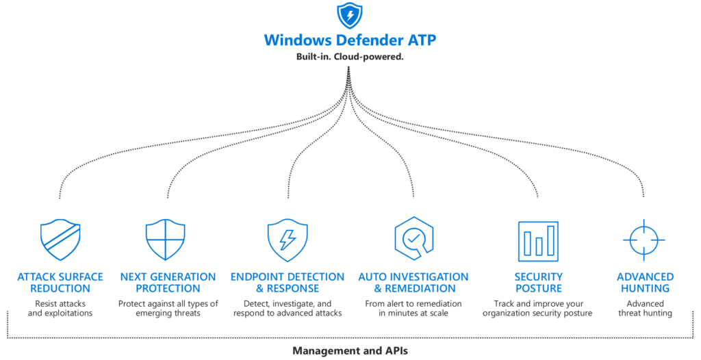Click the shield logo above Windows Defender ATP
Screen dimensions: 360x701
(x=350, y=16)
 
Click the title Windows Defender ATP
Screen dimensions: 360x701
(x=350, y=40)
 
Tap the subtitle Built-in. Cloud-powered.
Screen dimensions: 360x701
(x=350, y=57)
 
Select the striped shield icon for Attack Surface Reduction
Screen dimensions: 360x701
(x=60, y=240)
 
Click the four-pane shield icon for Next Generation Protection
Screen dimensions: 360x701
(x=166, y=240)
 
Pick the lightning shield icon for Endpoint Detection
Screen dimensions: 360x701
(x=288, y=240)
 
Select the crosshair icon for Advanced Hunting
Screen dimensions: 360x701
(x=644, y=240)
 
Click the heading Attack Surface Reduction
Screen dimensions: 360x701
(x=60, y=283)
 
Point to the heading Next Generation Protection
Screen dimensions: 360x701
(x=168, y=283)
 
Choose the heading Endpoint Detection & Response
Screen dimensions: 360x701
(x=288, y=283)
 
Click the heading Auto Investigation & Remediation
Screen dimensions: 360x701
(x=413, y=283)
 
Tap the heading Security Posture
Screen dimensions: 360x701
(x=538, y=283)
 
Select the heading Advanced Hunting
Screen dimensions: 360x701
(x=645, y=283)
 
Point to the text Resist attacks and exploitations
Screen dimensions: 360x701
(x=60, y=308)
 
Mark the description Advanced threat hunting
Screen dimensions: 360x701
(x=645, y=308)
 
